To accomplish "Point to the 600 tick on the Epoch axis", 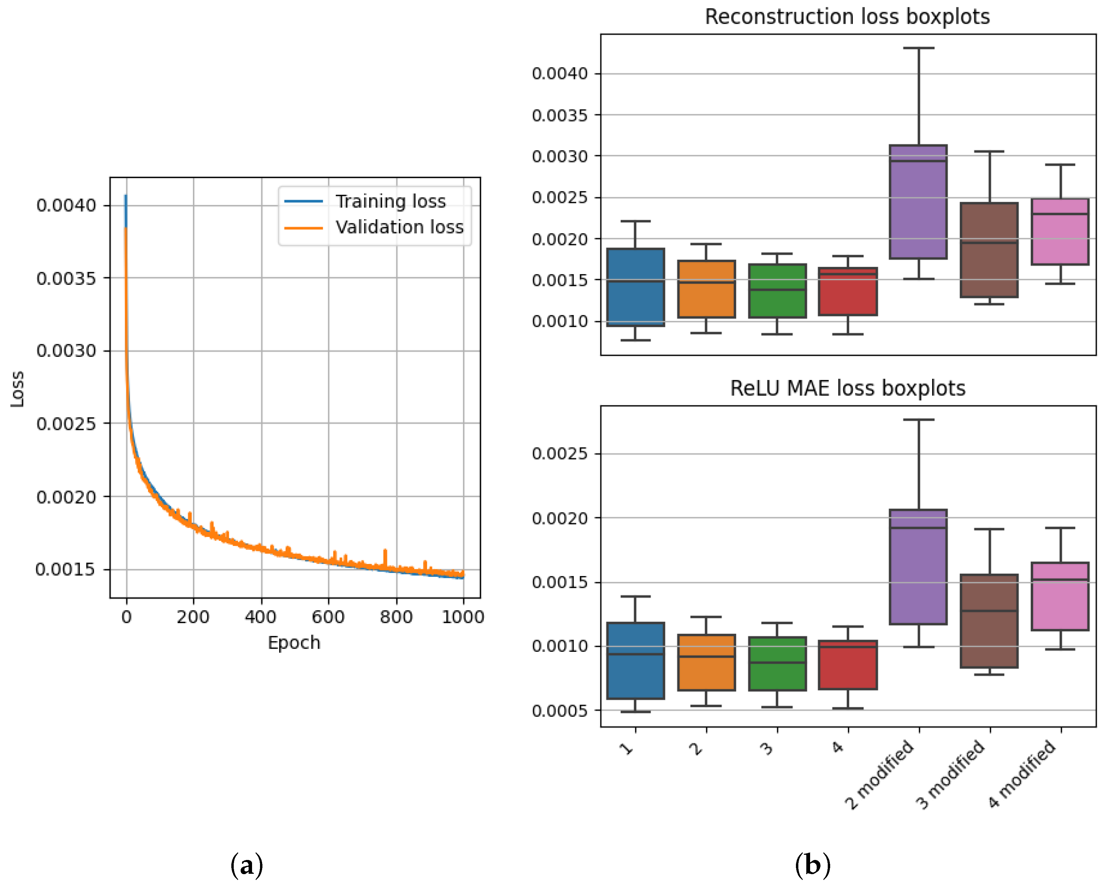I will [328, 617].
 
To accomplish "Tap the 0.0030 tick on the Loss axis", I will [66, 351].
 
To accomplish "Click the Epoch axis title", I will [294, 643].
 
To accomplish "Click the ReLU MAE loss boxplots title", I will [847, 388].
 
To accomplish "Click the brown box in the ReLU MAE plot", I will [989, 621].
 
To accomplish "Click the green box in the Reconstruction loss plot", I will [777, 291].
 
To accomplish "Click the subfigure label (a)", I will [247, 865].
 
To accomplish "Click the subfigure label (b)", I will [812, 865].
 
